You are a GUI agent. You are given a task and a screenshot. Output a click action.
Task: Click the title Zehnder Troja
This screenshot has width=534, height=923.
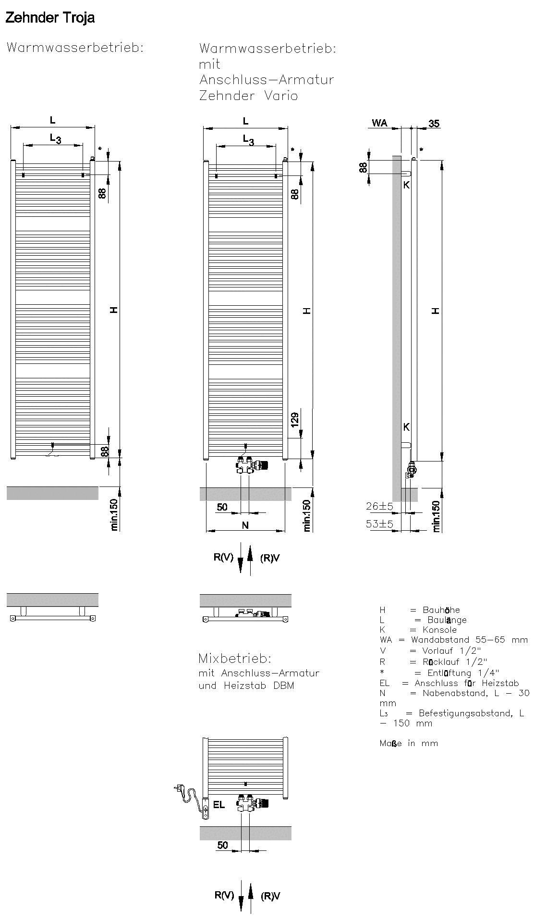50,18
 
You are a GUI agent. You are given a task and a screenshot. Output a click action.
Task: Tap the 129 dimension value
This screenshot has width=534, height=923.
295,419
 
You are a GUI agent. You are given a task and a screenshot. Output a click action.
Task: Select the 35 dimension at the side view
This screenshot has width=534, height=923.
434,124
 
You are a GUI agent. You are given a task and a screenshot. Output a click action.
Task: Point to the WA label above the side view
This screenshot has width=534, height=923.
379,124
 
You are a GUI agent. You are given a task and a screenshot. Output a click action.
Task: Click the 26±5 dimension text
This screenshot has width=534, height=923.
379,506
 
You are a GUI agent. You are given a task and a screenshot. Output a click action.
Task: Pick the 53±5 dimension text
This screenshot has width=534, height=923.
379,524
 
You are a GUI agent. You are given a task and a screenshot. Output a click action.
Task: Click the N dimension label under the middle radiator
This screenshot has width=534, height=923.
245,525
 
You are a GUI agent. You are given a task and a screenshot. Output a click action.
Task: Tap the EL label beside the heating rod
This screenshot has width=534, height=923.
219,805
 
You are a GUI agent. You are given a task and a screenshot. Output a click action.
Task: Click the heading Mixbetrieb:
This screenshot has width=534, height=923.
235,658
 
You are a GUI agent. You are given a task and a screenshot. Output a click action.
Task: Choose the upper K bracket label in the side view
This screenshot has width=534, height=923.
406,185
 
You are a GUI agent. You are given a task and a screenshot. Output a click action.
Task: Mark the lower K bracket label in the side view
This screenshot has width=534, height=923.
406,427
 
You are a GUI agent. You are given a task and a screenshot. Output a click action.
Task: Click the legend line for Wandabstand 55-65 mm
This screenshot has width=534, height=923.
453,640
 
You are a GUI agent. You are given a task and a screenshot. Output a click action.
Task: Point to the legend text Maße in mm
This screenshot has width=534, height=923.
409,743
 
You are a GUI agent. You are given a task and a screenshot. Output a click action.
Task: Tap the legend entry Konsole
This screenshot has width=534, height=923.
418,630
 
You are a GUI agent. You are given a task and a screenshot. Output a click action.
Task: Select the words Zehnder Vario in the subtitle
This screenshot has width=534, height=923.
248,96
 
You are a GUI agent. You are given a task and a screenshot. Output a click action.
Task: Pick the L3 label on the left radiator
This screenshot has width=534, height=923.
56,139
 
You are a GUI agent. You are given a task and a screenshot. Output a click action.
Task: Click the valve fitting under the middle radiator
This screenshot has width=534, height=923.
253,465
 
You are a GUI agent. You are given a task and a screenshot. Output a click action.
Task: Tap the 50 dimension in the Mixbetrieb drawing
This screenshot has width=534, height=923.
222,845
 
